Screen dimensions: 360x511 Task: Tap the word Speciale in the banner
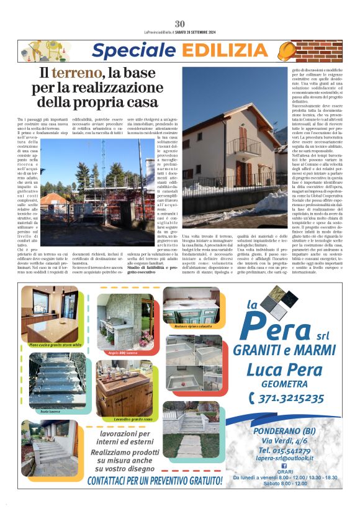128,51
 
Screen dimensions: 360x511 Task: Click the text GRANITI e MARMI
285,348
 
